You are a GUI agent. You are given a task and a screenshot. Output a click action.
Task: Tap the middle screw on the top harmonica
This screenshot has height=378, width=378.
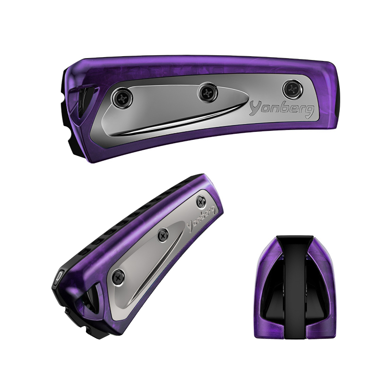207,92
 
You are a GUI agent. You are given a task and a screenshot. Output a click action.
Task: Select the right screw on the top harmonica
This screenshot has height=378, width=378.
292,89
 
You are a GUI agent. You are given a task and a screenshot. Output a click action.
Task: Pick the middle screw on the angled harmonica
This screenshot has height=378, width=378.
163,234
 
